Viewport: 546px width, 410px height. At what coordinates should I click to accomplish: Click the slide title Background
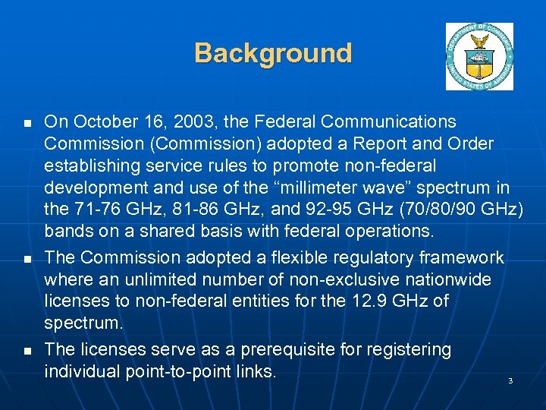273,53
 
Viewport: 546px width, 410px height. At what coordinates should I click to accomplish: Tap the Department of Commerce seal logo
479,56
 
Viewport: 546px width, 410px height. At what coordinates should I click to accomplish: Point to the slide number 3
510,380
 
